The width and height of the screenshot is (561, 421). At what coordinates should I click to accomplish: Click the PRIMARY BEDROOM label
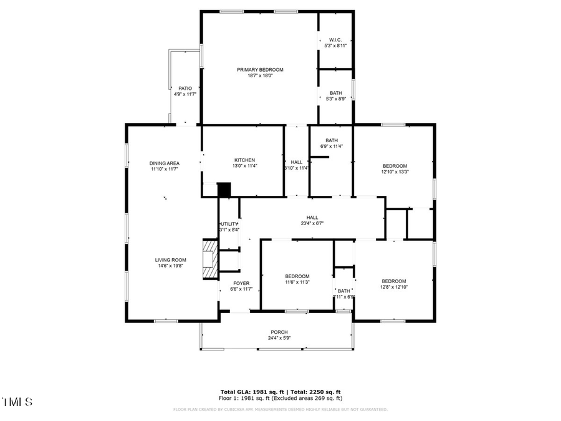coord(260,69)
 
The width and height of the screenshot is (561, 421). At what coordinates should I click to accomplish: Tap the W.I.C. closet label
coord(335,39)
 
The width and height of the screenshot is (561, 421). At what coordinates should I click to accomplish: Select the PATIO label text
coord(185,89)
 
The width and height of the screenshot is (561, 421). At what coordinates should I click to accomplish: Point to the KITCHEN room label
coord(244,160)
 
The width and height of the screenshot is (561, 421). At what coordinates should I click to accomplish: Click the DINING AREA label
coord(164,163)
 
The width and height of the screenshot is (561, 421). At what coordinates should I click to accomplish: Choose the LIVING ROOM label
coord(170,260)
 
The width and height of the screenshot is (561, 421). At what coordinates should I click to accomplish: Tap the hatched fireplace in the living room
coord(210,258)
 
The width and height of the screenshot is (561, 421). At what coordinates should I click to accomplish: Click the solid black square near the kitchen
coord(224,189)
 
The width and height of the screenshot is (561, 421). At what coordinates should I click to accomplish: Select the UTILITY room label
coord(229,224)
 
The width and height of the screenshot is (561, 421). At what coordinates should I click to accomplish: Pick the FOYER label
coord(241,283)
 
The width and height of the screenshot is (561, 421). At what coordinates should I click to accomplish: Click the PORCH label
coord(279,332)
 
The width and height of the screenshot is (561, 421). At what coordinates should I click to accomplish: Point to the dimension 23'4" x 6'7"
coord(312,223)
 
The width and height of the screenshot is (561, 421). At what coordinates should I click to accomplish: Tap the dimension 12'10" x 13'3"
coord(395,172)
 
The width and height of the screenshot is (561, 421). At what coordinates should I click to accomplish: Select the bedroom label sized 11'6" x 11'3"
coord(297,276)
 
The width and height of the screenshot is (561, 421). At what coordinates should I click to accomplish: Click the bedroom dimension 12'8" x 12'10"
coord(393,288)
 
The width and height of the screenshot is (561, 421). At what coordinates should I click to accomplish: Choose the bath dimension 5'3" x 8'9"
coord(335,99)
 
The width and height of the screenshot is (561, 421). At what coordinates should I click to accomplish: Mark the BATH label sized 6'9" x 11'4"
coord(331,140)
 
